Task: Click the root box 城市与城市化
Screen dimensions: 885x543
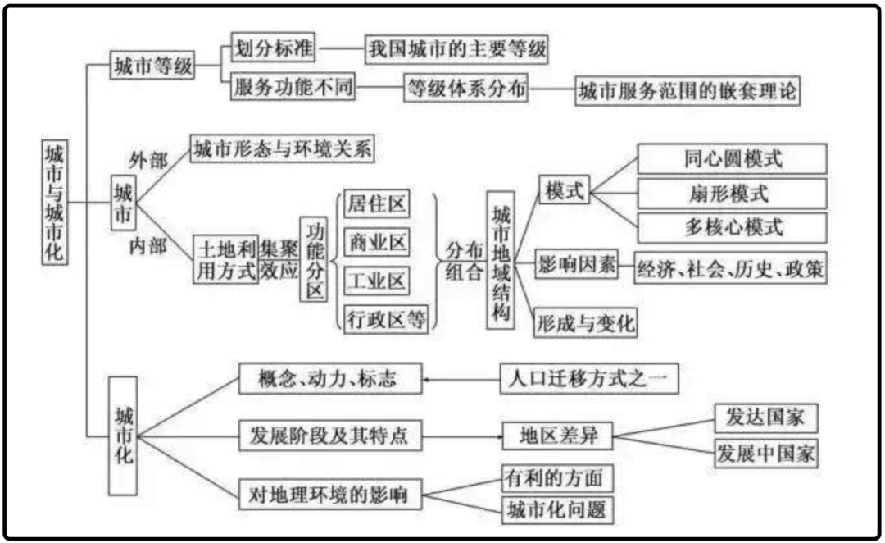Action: [55, 202]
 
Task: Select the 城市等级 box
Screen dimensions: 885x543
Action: [152, 65]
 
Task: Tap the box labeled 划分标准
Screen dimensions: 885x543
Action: [273, 48]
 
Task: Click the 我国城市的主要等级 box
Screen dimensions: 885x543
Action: [456, 49]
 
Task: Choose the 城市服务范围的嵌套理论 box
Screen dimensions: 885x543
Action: [688, 90]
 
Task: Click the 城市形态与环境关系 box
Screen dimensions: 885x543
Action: [282, 148]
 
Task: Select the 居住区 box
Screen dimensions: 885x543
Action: [377, 203]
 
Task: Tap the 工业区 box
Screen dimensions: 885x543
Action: [377, 281]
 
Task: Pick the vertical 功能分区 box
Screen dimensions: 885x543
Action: [313, 259]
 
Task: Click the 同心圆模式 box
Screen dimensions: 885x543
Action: [732, 159]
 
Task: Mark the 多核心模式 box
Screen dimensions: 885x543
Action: [732, 228]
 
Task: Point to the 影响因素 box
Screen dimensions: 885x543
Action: [576, 264]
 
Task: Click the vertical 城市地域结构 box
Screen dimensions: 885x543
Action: [501, 260]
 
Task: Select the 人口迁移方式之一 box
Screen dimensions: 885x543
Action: [589, 378]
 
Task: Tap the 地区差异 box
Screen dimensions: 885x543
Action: [558, 436]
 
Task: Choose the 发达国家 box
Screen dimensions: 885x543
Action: [766, 418]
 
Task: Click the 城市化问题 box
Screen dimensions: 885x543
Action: [558, 509]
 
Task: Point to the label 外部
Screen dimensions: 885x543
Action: [147, 161]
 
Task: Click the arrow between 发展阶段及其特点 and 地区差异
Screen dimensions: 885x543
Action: [461, 436]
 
